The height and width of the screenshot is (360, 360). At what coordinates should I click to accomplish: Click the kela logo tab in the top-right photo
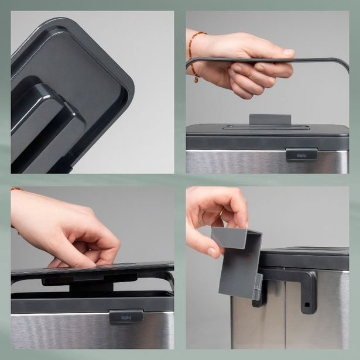[x=301, y=155]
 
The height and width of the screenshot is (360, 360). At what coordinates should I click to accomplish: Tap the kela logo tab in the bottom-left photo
[x=126, y=317]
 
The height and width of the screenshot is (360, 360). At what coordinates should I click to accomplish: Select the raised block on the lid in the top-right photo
[x=270, y=119]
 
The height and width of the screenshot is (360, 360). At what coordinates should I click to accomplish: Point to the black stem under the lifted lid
[x=88, y=286]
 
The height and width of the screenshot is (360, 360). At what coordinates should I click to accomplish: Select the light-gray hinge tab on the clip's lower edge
[x=257, y=287]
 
